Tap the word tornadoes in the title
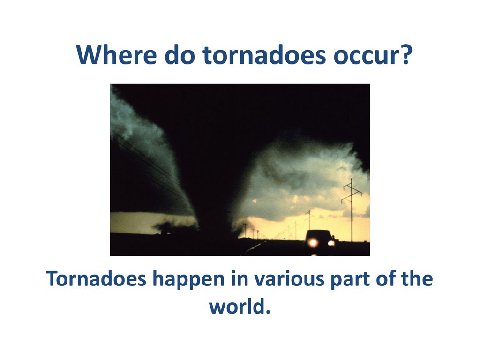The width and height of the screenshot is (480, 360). coord(264,55)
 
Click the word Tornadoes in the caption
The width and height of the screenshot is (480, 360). coord(96,278)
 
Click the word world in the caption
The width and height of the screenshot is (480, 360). coord(236,306)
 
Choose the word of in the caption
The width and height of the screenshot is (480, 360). coord(386,278)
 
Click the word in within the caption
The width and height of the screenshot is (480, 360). coord(240,279)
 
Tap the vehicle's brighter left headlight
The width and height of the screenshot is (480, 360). coord(313,243)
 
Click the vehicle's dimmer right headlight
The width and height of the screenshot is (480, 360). coord(331,243)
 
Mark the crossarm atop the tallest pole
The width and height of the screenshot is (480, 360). coord(352,186)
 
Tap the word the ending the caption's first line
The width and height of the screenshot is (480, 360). coord(417,278)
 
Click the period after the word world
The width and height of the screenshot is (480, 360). coord(268,312)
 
